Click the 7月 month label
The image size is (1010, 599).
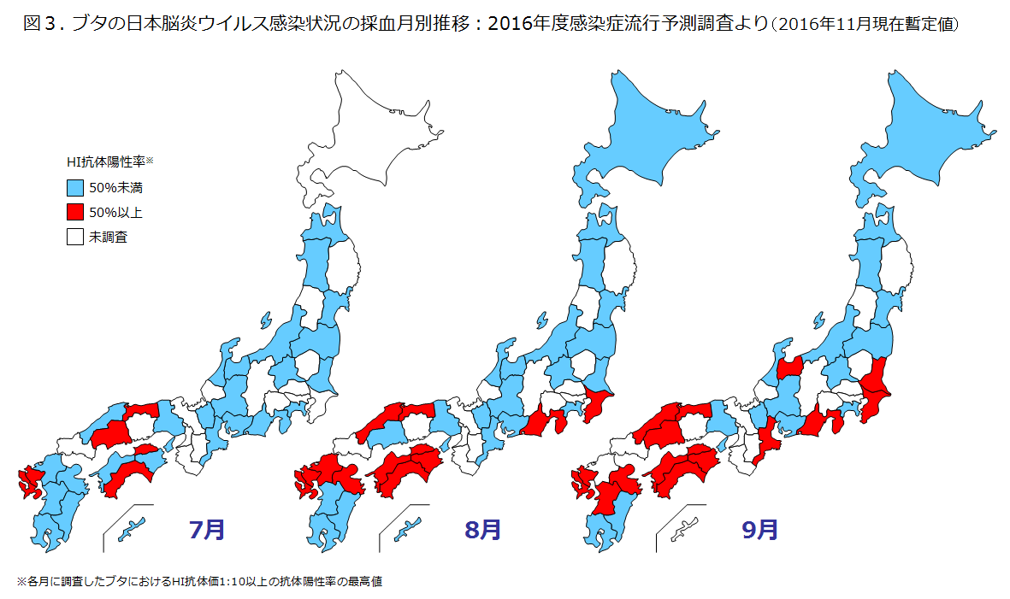pos(207,530)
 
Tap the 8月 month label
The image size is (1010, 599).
pos(483,530)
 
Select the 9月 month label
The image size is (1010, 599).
pos(759,530)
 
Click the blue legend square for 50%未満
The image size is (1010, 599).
pos(75,186)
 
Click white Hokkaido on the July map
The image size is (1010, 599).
pos(376,128)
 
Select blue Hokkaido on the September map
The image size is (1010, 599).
pos(928,128)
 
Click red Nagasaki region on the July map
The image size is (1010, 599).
pos(31,484)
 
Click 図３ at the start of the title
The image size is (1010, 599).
pos(41,23)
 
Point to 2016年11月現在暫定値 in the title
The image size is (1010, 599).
pos(864,24)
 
